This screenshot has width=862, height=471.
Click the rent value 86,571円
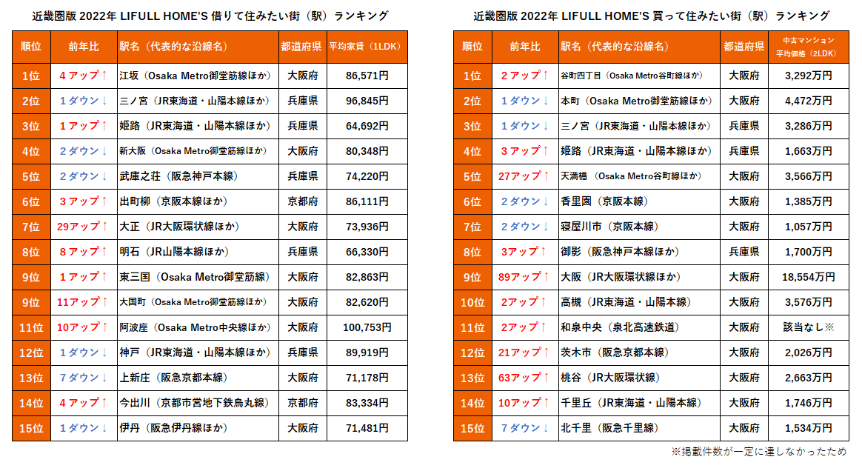(x=367, y=76)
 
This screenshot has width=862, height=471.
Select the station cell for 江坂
(x=197, y=76)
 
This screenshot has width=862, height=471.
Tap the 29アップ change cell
(x=83, y=227)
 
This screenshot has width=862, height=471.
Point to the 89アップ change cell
(x=524, y=277)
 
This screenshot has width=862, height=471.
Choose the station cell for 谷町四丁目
(x=640, y=76)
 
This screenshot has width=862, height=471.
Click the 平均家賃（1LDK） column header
(x=367, y=47)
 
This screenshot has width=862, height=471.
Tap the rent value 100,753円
(x=367, y=327)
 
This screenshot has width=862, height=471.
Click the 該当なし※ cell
(x=809, y=327)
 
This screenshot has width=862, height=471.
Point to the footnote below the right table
(x=758, y=452)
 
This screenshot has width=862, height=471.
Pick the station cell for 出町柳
(x=197, y=201)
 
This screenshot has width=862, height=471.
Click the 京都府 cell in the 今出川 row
(x=302, y=403)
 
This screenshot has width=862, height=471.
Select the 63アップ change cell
(x=524, y=378)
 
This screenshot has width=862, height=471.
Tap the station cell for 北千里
(x=640, y=428)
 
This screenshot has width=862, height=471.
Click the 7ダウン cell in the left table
(x=83, y=378)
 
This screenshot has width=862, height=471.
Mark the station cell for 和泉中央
(x=640, y=327)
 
